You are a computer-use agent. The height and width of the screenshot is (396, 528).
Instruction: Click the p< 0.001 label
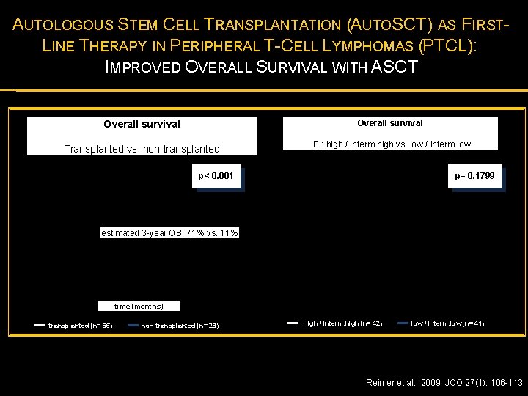click(216, 176)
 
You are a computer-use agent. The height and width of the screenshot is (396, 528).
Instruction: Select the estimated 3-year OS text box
click(169, 233)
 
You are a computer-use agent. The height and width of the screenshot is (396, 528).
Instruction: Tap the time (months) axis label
click(139, 306)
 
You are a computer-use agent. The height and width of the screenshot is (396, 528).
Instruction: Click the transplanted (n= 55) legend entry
click(80, 326)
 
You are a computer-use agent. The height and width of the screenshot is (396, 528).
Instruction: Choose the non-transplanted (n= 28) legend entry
click(180, 326)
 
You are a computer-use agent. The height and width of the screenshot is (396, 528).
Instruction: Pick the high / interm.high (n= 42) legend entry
click(342, 323)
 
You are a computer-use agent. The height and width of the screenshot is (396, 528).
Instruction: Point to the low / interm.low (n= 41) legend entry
click(447, 323)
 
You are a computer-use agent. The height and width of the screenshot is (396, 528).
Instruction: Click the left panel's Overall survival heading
click(142, 125)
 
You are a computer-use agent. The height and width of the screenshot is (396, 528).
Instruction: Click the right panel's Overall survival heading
click(389, 123)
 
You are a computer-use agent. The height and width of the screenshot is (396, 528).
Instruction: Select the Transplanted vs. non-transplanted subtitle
click(142, 149)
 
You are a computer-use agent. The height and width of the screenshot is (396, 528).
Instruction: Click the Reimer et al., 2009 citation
click(444, 382)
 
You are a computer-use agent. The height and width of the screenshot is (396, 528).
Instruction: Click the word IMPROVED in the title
click(144, 67)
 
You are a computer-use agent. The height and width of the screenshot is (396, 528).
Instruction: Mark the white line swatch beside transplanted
click(40, 326)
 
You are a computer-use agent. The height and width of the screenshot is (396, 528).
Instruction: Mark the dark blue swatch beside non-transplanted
click(133, 326)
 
